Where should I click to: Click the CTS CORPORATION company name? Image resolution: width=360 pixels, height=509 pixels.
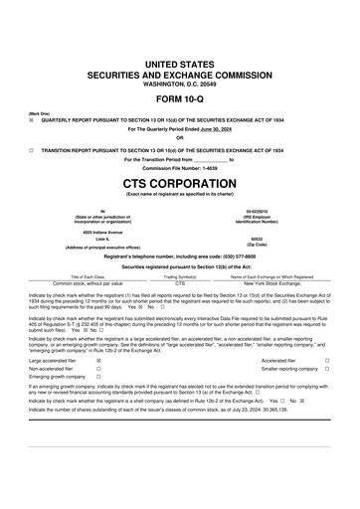[x=180, y=185]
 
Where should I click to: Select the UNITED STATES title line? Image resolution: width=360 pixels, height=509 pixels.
[x=180, y=64]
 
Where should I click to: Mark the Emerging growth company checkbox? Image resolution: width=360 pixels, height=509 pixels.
[x=98, y=377]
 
